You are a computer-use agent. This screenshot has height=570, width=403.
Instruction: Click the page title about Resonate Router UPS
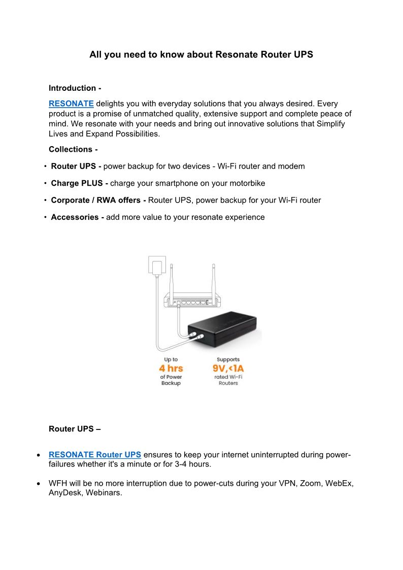[x=201, y=54]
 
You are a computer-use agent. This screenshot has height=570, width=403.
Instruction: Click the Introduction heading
[x=75, y=88]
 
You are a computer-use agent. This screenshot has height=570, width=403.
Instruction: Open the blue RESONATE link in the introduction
[x=71, y=104]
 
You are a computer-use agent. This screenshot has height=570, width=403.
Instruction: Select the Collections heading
[x=73, y=149]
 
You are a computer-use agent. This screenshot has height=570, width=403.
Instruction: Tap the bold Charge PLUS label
[x=79, y=183]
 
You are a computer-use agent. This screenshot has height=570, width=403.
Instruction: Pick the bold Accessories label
[x=78, y=217]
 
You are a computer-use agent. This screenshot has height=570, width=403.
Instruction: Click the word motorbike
[x=246, y=183]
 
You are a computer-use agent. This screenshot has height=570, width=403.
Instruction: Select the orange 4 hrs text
[x=171, y=368]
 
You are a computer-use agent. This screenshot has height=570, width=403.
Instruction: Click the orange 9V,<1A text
[x=228, y=368]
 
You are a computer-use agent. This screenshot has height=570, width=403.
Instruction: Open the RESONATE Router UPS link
[x=95, y=455]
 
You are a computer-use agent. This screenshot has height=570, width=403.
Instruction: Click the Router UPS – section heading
[x=75, y=429]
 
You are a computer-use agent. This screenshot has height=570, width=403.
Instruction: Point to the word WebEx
[x=339, y=484]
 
